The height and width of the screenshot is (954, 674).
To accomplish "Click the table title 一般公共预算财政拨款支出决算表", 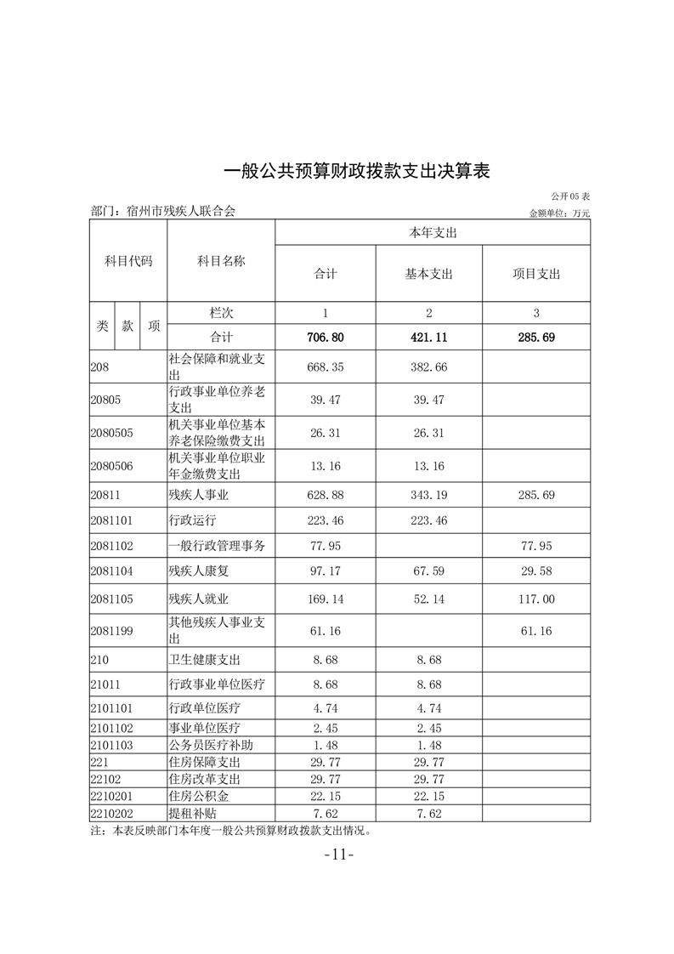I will [x=357, y=171].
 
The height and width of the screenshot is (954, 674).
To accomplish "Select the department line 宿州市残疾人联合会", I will [x=163, y=211].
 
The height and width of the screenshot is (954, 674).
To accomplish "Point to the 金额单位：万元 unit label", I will [x=559, y=213].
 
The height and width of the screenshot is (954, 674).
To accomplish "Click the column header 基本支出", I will [x=428, y=274].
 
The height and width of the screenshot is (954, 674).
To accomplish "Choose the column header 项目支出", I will [x=536, y=274].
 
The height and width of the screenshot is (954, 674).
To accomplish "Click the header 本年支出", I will [x=433, y=232].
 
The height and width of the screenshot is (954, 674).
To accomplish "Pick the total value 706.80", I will [x=325, y=338].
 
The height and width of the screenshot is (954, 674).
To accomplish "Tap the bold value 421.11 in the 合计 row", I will [x=428, y=338].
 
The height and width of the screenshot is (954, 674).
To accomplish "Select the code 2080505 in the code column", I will [x=111, y=433].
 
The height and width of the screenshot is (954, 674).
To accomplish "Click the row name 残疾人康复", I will [x=201, y=573].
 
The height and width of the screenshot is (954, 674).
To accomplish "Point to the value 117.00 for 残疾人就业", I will [x=536, y=599].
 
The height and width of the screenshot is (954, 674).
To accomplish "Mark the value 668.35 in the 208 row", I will [x=325, y=367].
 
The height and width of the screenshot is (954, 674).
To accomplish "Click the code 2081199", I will [x=111, y=630].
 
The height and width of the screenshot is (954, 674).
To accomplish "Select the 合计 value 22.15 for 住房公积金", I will [x=325, y=797].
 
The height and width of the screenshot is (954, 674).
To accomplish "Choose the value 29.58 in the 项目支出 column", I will [x=536, y=573].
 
